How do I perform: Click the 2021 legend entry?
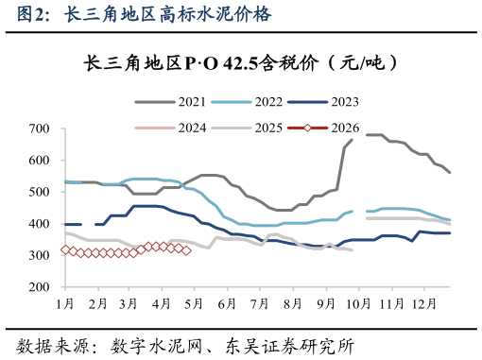coord(179,101)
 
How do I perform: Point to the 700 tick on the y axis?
coord(39,129)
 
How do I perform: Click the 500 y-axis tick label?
coord(39,192)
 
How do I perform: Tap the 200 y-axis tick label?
coord(39,287)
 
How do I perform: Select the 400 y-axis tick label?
coord(39,224)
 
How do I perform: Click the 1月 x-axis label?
coord(65,303)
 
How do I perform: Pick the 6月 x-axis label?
coord(227,303)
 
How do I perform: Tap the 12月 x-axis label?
coord(423,303)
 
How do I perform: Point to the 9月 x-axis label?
coord(324,303)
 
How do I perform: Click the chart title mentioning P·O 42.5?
coord(240,63)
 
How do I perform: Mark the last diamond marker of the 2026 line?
coord(186,250)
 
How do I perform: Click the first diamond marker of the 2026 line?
coord(65,250)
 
